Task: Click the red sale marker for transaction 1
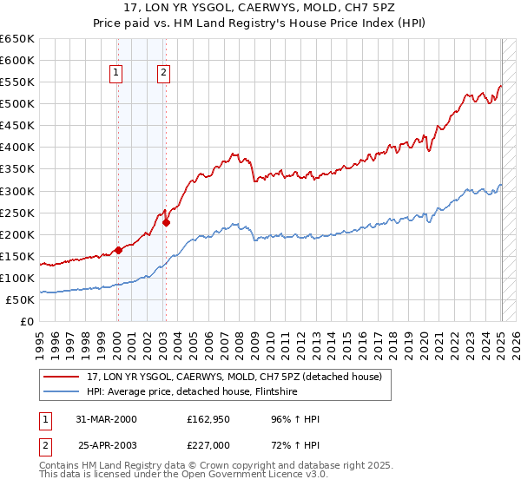click(x=118, y=250)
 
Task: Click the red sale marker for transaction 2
click(x=166, y=222)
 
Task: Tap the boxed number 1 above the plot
click(x=116, y=74)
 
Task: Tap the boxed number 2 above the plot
click(x=163, y=74)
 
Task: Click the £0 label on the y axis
click(x=27, y=321)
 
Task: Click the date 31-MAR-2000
click(x=107, y=419)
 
